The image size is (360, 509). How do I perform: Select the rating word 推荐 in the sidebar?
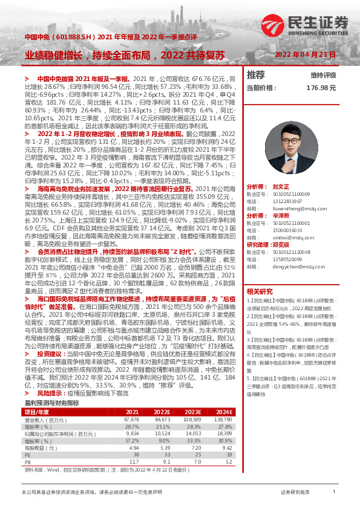256,75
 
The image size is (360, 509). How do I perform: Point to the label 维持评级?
323,76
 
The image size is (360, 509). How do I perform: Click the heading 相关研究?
260,291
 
